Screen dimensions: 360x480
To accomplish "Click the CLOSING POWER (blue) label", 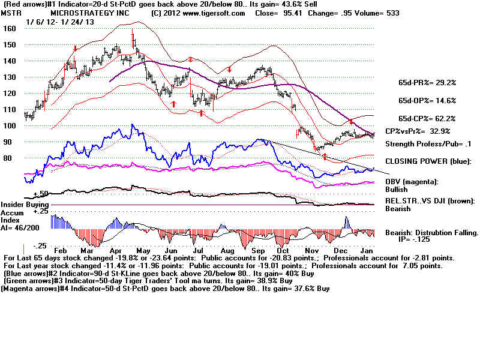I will [x=428, y=161].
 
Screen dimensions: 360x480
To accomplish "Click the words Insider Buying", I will [x=25, y=205].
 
